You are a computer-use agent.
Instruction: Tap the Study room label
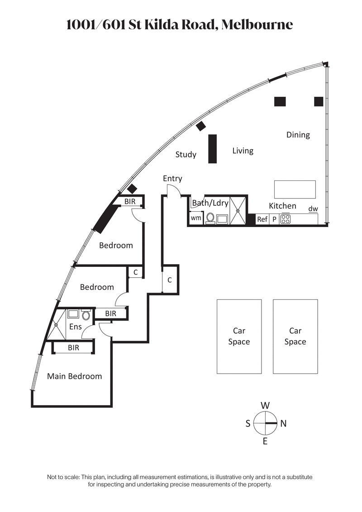tap(186, 155)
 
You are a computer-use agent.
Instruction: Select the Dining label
tap(298, 135)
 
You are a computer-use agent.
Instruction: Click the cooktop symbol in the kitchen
tap(285, 219)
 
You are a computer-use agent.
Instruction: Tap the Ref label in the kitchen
tap(262, 219)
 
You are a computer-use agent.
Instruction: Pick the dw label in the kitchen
tap(313, 209)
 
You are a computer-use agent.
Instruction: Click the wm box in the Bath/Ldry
tap(195, 218)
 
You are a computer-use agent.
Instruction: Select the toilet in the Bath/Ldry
tap(210, 218)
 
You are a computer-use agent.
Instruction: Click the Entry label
tap(172, 179)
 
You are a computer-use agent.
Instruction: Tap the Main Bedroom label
tap(75, 376)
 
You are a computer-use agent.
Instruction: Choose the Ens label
tap(75, 326)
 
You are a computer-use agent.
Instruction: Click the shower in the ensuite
tap(56, 324)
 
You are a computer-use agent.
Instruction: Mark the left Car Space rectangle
tap(239, 337)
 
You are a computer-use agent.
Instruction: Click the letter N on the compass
tap(284, 424)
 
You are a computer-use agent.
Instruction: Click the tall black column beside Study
tap(212, 149)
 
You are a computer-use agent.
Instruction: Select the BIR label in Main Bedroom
tap(73, 348)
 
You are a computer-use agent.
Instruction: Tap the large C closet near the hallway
tap(170, 280)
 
